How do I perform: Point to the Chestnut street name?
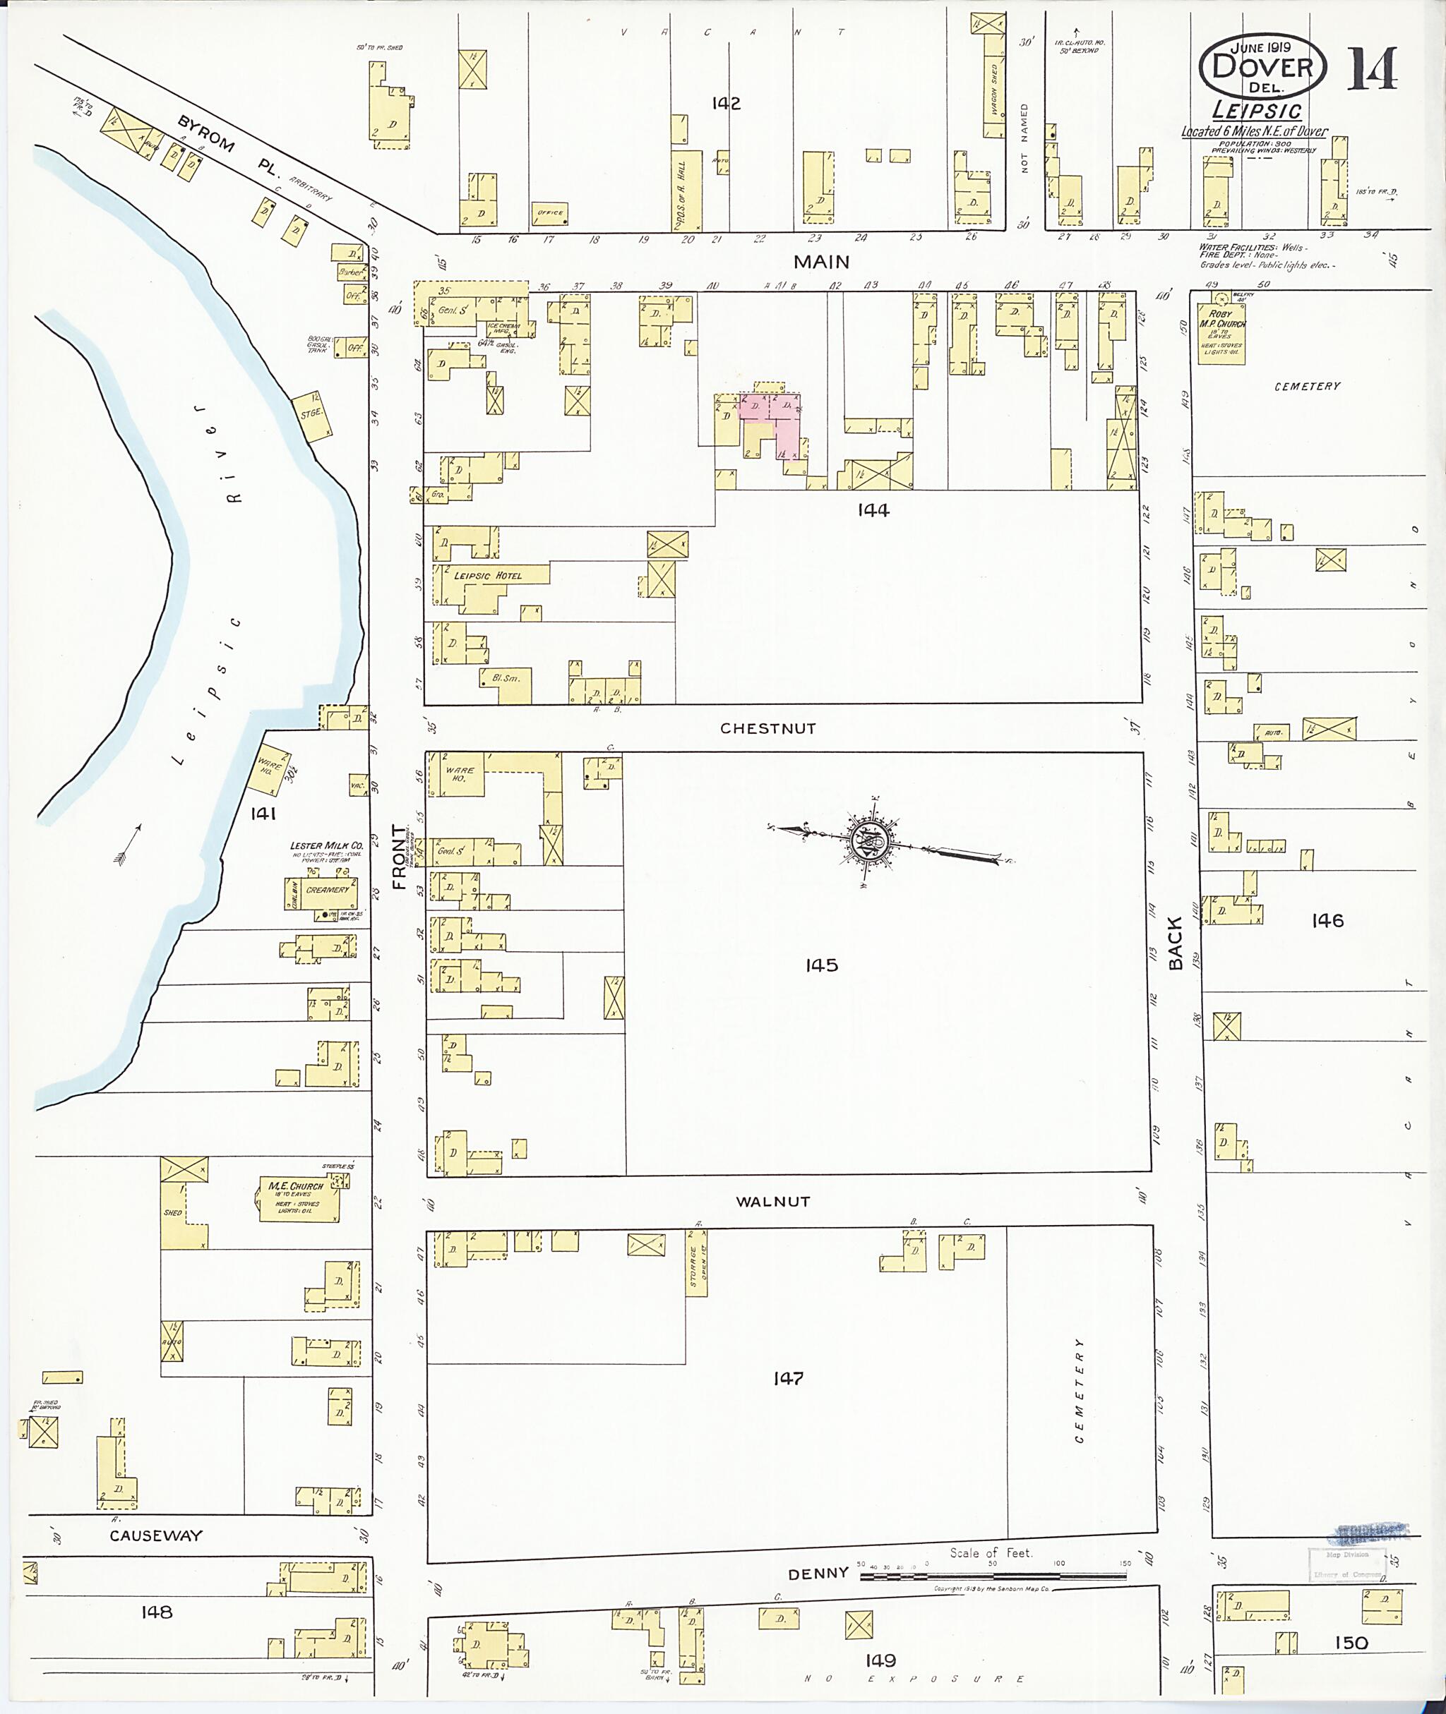[767, 728]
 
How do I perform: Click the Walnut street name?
[772, 1201]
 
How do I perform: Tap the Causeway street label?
[156, 1535]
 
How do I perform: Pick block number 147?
[788, 1378]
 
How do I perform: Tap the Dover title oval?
[1262, 68]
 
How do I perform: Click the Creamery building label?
[327, 890]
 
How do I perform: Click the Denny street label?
[818, 1573]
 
